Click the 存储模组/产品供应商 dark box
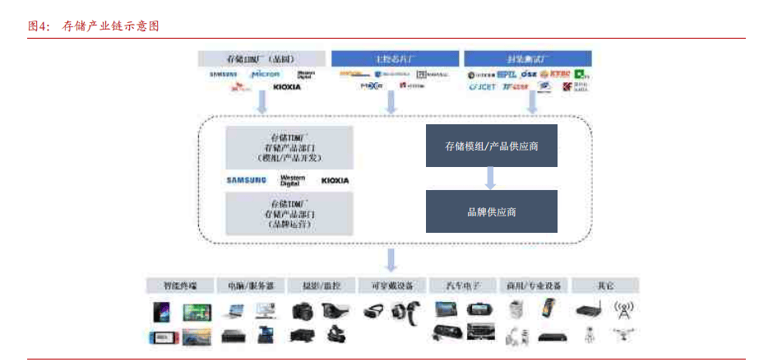click(x=491, y=146)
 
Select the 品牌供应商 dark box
click(x=491, y=211)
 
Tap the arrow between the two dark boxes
click(x=490, y=178)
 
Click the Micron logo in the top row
click(x=266, y=75)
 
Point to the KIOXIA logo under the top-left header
click(x=286, y=86)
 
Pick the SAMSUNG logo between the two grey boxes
click(x=247, y=180)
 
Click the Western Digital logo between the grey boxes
click(x=292, y=179)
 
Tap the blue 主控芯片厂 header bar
click(x=395, y=58)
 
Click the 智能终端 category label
click(x=180, y=285)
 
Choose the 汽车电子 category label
click(x=463, y=285)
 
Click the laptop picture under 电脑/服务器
click(x=234, y=311)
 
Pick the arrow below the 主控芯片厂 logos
click(x=391, y=101)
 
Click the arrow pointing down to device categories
click(x=391, y=259)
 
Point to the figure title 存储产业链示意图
click(x=110, y=26)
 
